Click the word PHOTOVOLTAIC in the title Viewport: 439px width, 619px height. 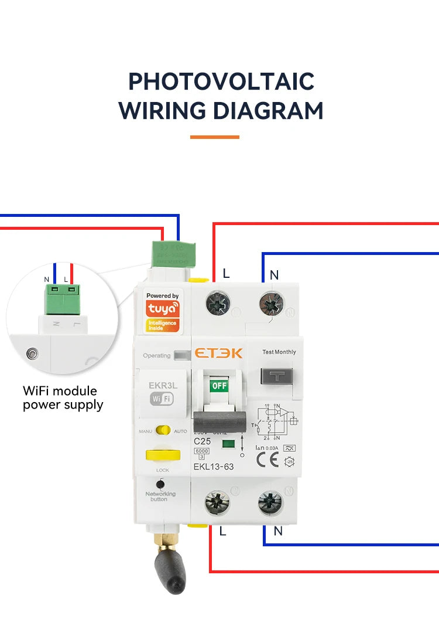[x=221, y=81]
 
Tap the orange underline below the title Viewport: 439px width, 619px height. [x=215, y=137]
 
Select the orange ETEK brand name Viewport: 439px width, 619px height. [x=218, y=353]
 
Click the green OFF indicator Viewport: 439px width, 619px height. [x=218, y=386]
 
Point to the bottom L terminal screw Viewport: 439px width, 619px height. [x=218, y=503]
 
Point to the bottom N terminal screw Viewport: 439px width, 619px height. [x=270, y=502]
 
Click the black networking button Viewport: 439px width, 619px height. [x=160, y=484]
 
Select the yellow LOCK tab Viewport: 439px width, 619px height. [x=163, y=455]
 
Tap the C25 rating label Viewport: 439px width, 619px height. [x=202, y=440]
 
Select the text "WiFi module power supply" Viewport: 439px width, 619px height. [x=63, y=397]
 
